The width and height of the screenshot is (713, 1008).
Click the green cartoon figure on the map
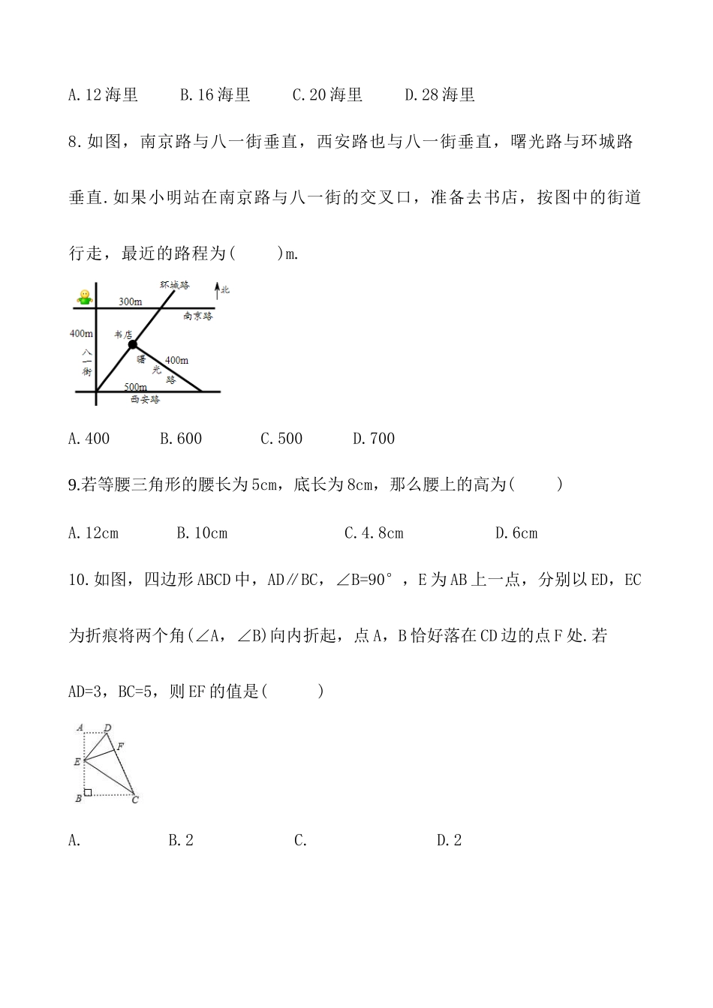pyautogui.click(x=84, y=298)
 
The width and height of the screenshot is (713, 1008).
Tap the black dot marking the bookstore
pyautogui.click(x=133, y=344)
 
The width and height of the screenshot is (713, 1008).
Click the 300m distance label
pyautogui.click(x=130, y=301)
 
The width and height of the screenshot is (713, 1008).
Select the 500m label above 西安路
pyautogui.click(x=136, y=386)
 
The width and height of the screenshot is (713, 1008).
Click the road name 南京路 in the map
pyautogui.click(x=197, y=316)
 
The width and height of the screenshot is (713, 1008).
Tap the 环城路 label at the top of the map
pyautogui.click(x=174, y=285)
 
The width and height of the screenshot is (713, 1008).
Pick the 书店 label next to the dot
pyautogui.click(x=122, y=334)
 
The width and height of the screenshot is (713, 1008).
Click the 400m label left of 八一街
pyautogui.click(x=81, y=334)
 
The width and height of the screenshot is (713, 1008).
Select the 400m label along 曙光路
pyautogui.click(x=176, y=361)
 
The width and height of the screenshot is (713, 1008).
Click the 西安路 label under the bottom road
pyautogui.click(x=145, y=400)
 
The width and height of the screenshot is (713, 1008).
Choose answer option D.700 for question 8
pyautogui.click(x=374, y=439)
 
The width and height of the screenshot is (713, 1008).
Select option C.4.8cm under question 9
pyautogui.click(x=374, y=533)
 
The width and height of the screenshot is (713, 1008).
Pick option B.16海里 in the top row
pyautogui.click(x=215, y=95)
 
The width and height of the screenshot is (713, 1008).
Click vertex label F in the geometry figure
pyautogui.click(x=121, y=745)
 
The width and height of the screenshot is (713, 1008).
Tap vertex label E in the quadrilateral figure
pyautogui.click(x=77, y=762)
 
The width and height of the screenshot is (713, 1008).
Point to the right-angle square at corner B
pyautogui.click(x=88, y=792)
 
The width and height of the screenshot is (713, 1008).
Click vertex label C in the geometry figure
pyautogui.click(x=135, y=799)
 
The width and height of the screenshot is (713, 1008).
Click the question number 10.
pyautogui.click(x=79, y=580)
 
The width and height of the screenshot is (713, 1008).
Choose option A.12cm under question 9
pyautogui.click(x=93, y=533)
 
